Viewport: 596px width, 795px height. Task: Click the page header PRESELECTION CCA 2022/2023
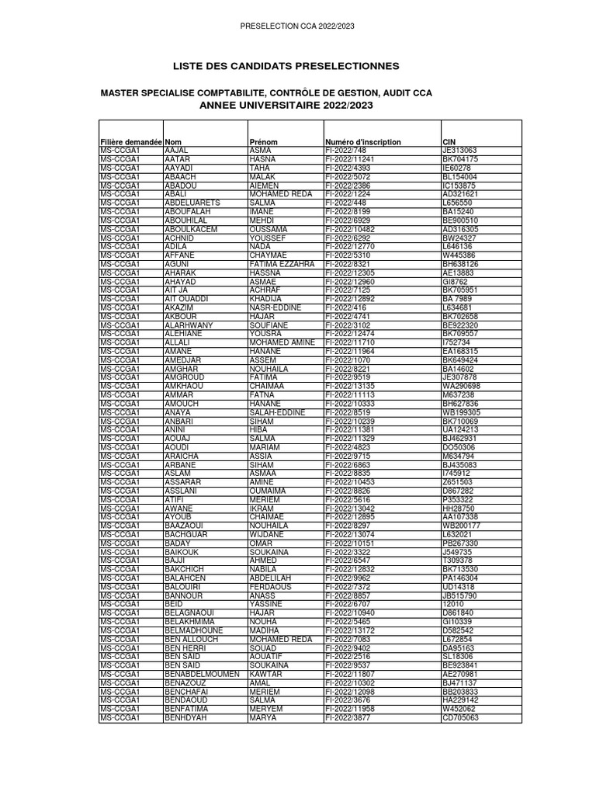[x=298, y=26]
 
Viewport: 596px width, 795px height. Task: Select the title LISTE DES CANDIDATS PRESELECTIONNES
[x=298, y=66]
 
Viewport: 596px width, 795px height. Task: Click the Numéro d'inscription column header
[x=363, y=142]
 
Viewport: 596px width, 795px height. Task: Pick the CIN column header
[x=449, y=142]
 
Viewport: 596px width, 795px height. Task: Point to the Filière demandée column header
[x=131, y=142]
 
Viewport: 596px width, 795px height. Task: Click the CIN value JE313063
[x=459, y=151]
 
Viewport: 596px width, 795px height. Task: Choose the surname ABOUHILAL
[x=189, y=220]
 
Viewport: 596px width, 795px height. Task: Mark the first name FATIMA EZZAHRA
[x=282, y=264]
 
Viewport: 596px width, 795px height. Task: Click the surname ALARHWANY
[x=189, y=325]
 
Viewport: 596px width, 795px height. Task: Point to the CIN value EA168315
[x=461, y=352]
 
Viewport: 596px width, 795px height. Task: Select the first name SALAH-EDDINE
[x=277, y=413]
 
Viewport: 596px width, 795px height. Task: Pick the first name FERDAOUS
[x=271, y=587]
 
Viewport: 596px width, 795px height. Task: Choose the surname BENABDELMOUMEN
[x=202, y=674]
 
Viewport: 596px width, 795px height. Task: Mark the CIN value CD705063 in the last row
[x=461, y=717]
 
